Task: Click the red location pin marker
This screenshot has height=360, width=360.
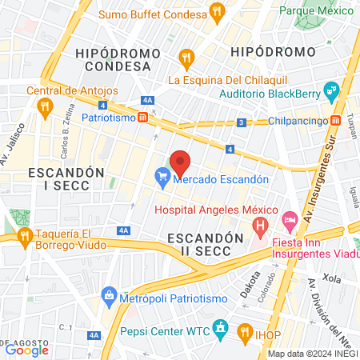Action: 180,162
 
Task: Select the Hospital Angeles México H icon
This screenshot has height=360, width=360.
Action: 259,227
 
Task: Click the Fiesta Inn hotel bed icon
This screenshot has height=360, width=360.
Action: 290,218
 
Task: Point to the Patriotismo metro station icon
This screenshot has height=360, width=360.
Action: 142,117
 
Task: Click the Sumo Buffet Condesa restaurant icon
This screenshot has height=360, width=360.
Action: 216,12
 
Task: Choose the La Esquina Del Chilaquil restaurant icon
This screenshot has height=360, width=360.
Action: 186,57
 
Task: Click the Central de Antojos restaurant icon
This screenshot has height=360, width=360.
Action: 46,105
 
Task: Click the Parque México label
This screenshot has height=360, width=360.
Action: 316,11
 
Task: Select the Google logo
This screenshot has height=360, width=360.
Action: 26,349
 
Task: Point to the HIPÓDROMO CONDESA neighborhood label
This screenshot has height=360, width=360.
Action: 114,58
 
